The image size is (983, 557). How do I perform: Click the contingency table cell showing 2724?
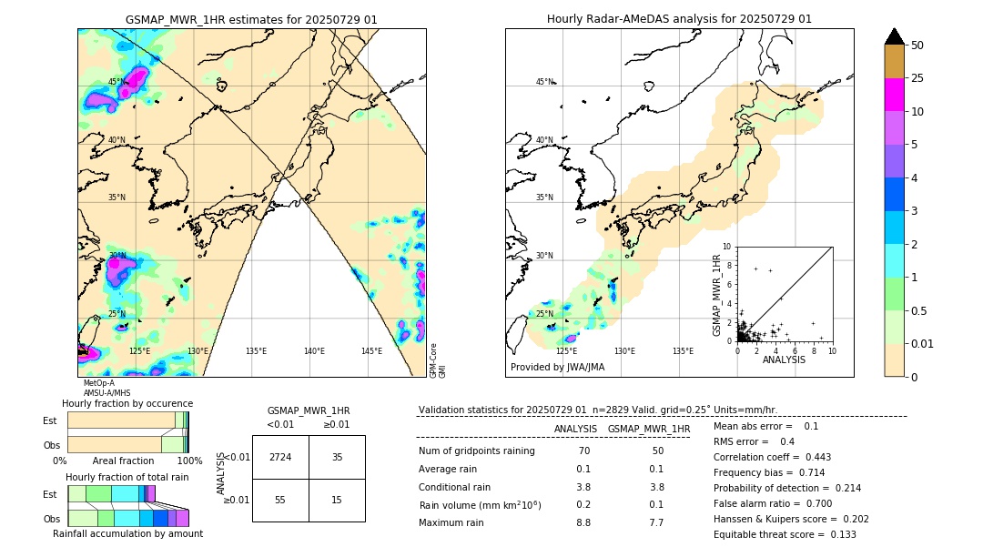280,457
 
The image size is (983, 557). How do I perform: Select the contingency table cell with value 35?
337,457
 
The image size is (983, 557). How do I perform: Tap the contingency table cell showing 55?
280,501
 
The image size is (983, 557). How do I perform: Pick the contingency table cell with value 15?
337,501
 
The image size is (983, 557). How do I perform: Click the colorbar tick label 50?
917,46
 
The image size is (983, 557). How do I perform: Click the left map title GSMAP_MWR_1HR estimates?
251,19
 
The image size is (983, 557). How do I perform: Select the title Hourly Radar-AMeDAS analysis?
679,19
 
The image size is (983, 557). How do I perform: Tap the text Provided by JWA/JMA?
557,368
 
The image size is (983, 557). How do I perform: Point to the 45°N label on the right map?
544,83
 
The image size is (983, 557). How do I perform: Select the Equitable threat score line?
785,534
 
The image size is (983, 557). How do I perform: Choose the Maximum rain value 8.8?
583,522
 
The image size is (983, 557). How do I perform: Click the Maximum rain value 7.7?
657,522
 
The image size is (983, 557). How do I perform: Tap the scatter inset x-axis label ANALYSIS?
784,360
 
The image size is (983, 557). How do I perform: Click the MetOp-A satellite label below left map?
98,383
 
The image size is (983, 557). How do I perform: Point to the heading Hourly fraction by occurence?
127,403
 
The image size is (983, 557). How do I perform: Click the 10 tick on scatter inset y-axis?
727,246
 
